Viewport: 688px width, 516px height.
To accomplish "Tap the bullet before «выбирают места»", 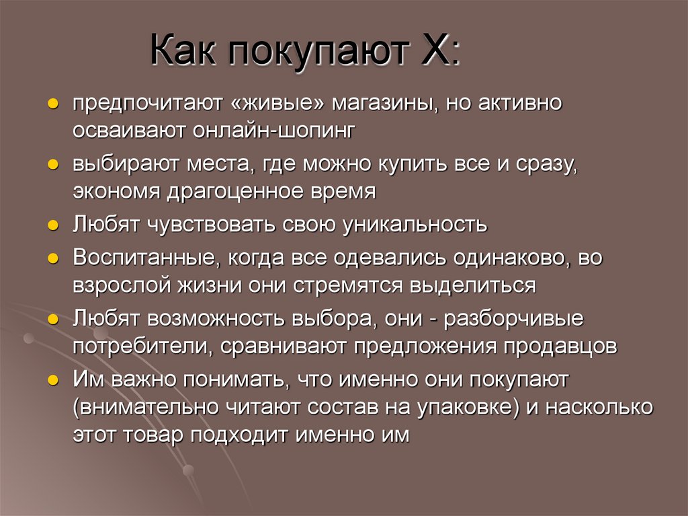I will (52, 165).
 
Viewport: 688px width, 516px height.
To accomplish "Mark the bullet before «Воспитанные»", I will (52, 258).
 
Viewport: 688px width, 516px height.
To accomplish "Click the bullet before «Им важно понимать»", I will (52, 380).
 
